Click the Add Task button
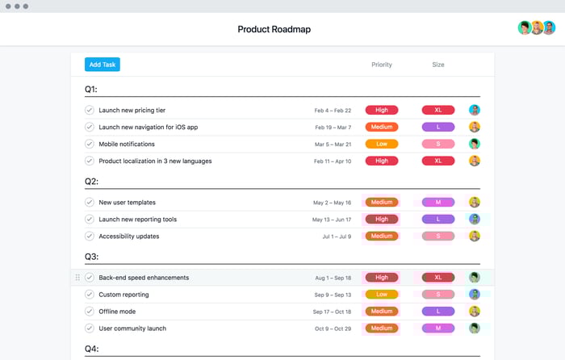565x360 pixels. [x=102, y=65]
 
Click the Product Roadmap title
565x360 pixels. [x=274, y=30]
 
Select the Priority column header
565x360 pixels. [x=382, y=65]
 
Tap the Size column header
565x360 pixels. [x=437, y=65]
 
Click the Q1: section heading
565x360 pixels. [x=91, y=89]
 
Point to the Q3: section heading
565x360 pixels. [x=91, y=257]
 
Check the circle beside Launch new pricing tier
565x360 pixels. [x=90, y=110]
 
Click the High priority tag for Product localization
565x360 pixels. [x=382, y=161]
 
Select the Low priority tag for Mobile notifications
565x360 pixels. [x=382, y=144]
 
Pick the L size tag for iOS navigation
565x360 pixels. [x=438, y=127]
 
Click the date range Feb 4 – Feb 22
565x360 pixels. [x=333, y=111]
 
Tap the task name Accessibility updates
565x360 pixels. [x=129, y=237]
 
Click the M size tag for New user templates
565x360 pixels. [x=438, y=203]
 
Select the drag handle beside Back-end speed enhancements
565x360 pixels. [x=77, y=278]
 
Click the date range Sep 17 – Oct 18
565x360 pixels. [x=333, y=312]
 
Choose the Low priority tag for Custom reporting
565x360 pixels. [x=382, y=295]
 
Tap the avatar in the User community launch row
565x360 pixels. [x=475, y=329]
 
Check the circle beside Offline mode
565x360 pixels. [x=90, y=312]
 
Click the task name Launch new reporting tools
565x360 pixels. [x=138, y=220]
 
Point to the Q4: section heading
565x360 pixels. [x=91, y=349]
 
